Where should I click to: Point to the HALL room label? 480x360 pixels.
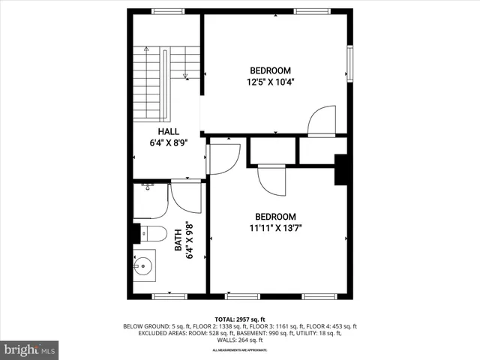167,130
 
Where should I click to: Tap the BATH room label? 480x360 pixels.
178,240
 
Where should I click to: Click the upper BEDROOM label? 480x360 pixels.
271,70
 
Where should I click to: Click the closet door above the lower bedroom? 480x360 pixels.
271,179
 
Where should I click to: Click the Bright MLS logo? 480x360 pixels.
29,349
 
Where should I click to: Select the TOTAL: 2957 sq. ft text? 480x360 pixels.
240,318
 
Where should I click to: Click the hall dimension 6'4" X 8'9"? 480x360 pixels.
167,141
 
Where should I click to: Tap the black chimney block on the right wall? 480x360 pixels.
341,169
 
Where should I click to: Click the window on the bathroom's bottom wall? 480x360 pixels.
169,296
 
